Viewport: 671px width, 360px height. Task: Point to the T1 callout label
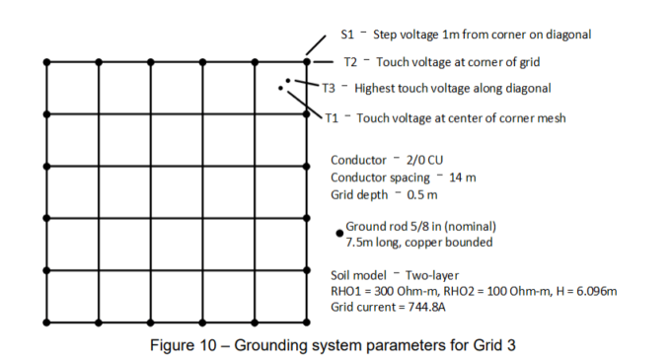pos(334,118)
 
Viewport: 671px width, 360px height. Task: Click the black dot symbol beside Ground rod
pos(339,233)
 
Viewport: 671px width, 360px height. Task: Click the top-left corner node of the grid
pos(46,62)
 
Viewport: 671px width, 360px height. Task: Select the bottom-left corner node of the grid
pos(46,323)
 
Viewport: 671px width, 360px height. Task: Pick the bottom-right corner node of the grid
pos(307,323)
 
